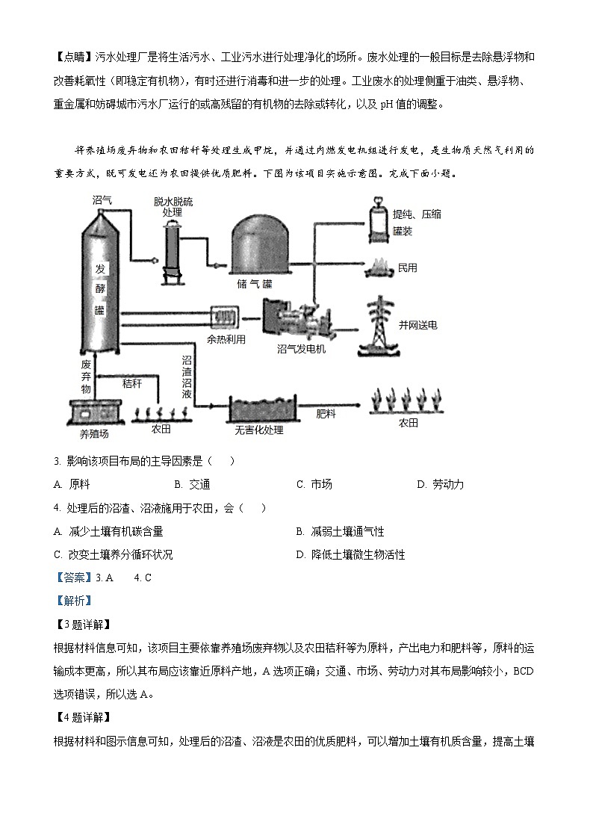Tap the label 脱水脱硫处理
173,207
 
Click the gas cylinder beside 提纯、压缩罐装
377,220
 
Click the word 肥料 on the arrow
326,412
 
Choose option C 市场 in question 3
314,484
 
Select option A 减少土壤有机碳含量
108,531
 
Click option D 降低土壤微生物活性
351,554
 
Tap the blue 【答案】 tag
72,578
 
